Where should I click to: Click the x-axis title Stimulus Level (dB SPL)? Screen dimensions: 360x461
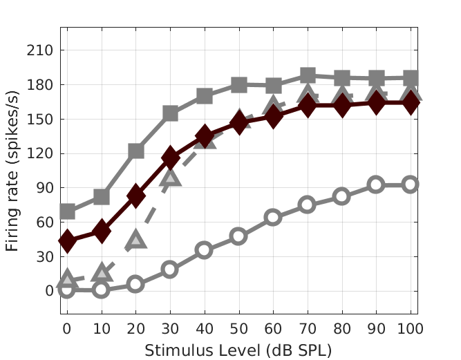[x=238, y=350]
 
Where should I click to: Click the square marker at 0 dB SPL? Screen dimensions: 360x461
[x=67, y=211]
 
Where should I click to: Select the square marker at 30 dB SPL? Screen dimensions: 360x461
[x=170, y=113]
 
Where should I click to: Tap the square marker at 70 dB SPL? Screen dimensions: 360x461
[x=308, y=76]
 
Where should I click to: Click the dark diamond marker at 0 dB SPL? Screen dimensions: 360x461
[x=67, y=240]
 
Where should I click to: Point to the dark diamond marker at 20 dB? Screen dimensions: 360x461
[x=135, y=196]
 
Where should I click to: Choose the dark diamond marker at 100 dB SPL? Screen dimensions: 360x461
[x=411, y=104]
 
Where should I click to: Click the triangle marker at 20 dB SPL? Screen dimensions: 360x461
[x=135, y=240]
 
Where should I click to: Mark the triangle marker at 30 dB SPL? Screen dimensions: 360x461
[x=170, y=178]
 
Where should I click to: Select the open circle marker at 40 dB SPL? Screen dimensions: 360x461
[x=204, y=250]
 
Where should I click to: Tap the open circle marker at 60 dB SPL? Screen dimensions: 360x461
[x=273, y=217]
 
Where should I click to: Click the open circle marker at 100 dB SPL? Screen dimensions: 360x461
[x=411, y=184]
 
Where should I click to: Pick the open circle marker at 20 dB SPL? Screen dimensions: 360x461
[x=135, y=284]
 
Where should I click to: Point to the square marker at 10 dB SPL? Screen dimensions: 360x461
[x=102, y=197]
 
